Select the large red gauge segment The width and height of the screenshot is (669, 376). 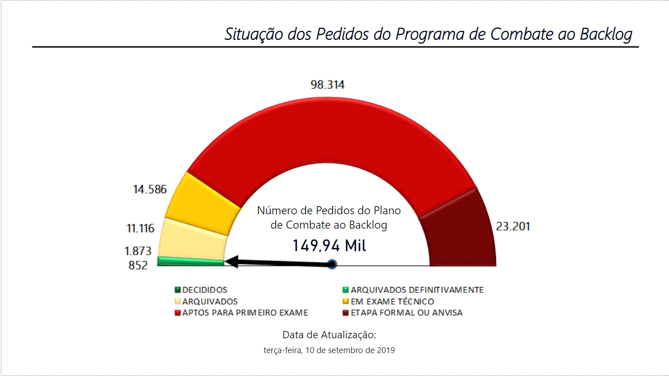[x=328, y=130]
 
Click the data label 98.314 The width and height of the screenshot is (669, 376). [x=327, y=84]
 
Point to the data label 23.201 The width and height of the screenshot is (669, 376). [x=513, y=226]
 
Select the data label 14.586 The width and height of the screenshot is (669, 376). [x=150, y=189]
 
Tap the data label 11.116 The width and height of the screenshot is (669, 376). [x=140, y=228]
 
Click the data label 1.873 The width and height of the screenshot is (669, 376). [x=138, y=251]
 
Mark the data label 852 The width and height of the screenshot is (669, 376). [x=138, y=265]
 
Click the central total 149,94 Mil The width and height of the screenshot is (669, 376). [x=329, y=246]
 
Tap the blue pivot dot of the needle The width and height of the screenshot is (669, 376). [x=332, y=264]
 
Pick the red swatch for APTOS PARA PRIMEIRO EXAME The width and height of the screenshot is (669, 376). [x=178, y=313]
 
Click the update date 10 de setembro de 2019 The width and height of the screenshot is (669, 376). [x=350, y=350]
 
